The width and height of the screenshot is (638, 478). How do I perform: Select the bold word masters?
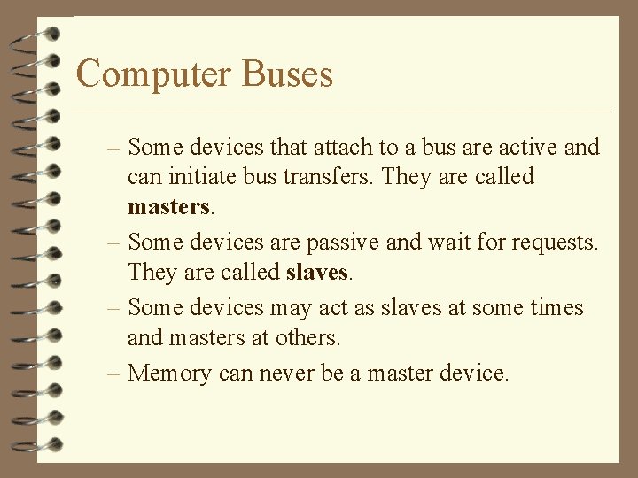[x=169, y=207]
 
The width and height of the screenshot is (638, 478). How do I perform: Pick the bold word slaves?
[x=318, y=272]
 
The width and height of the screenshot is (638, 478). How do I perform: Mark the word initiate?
[x=196, y=177]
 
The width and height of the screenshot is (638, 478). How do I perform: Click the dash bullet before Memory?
[x=115, y=373]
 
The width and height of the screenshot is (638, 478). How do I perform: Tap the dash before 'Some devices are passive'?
[x=115, y=242]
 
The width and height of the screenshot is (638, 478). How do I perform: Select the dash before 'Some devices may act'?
[x=115, y=308]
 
